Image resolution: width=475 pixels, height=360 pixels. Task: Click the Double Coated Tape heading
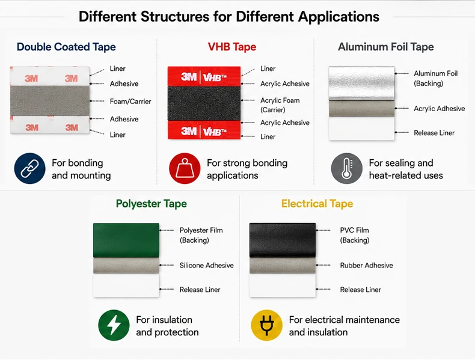pos(66,47)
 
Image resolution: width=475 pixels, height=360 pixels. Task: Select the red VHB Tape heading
pos(232,47)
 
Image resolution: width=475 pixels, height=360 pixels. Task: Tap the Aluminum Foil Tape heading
pos(385,47)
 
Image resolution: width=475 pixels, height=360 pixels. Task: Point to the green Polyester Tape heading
pos(151,204)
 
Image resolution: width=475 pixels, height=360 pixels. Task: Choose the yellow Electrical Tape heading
pos(317,204)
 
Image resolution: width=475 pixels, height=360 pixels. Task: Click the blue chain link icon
pos(29,168)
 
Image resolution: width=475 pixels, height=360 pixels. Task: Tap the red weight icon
pos(185,168)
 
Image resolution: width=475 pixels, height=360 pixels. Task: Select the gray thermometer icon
pos(346,168)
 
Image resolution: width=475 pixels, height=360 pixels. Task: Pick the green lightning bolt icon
pos(114,325)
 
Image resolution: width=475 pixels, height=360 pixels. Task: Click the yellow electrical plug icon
pos(266,325)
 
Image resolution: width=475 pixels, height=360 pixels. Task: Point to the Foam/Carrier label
pos(130,102)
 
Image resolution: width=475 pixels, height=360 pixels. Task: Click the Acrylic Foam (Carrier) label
pos(280,105)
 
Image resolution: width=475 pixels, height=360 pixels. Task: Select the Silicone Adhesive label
pos(207,266)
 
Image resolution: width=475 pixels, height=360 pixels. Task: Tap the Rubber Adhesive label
pos(366,266)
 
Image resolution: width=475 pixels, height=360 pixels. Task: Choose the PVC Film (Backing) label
pos(354,235)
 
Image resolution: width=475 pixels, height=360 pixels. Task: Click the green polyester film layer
pos(126,240)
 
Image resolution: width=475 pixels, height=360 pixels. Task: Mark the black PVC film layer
pos(283,240)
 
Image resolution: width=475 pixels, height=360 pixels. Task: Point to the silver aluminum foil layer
pos(362,83)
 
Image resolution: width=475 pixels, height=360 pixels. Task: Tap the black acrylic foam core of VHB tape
pos(204,103)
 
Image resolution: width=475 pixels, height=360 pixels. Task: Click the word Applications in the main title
pos(339,17)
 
